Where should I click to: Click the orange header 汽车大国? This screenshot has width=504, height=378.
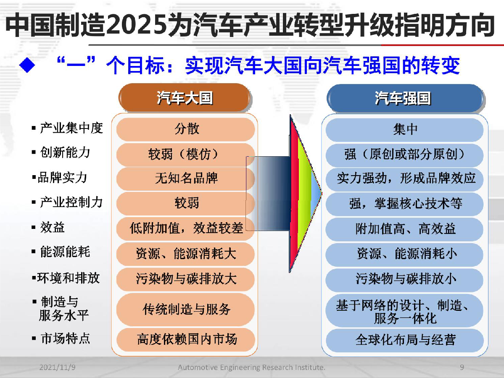(x=185, y=97)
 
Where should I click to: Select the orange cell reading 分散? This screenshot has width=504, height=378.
(x=186, y=129)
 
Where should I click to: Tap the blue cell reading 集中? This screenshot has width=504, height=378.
(x=405, y=130)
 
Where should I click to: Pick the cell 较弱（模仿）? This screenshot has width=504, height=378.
(x=186, y=154)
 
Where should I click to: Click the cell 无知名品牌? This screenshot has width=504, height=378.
(x=186, y=178)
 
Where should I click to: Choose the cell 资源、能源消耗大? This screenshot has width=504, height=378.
(x=186, y=254)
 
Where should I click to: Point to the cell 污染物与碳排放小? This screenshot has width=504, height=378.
(x=405, y=279)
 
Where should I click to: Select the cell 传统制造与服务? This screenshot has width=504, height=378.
(x=186, y=309)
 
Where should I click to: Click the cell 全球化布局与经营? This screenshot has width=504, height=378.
(x=405, y=340)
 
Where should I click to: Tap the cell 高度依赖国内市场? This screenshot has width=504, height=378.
(x=186, y=339)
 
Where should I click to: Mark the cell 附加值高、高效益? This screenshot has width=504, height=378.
(x=405, y=229)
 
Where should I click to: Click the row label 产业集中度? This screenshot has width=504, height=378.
(x=67, y=128)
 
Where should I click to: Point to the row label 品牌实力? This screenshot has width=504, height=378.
(x=59, y=177)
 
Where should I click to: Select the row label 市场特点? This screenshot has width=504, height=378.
(x=61, y=339)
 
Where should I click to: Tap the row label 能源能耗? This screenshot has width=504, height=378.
(x=61, y=252)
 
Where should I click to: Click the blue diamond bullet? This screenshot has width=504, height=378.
(x=27, y=65)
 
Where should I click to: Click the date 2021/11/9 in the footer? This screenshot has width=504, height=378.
(x=57, y=367)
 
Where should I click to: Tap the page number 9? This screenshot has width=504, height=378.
(x=462, y=367)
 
